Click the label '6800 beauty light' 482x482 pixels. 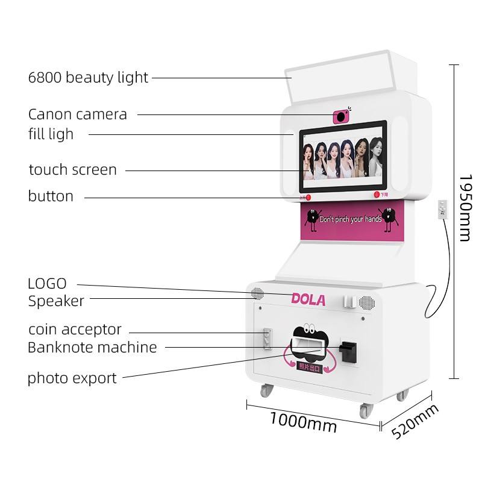pos(88,77)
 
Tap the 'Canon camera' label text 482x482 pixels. pos(78,114)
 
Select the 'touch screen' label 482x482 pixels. pos(73,170)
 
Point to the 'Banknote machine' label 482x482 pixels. pos(92,347)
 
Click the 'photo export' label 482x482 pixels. pos(72,378)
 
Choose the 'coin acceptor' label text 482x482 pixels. pos(75,330)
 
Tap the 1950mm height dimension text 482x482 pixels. pos(465,208)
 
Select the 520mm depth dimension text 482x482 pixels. pos(416,421)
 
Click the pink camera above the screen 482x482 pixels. pos(342,116)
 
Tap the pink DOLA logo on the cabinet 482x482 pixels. pos(308,299)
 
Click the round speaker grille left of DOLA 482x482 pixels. pos(258,294)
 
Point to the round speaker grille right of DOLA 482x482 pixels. pos(365,302)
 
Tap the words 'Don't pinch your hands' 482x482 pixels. pos(350,219)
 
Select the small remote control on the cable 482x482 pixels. pos(443,209)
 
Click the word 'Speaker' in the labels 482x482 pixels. pos(56,301)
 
